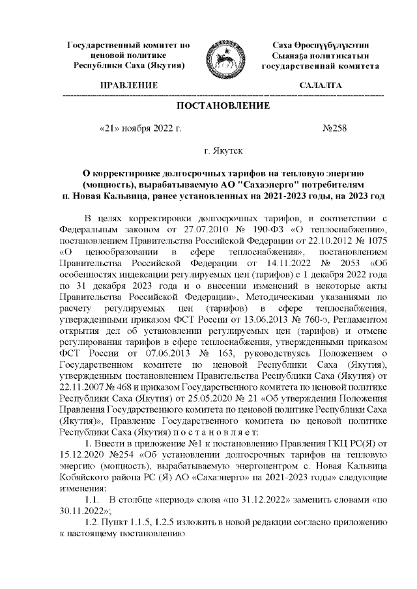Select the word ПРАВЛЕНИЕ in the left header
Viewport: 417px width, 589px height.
point(128,86)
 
